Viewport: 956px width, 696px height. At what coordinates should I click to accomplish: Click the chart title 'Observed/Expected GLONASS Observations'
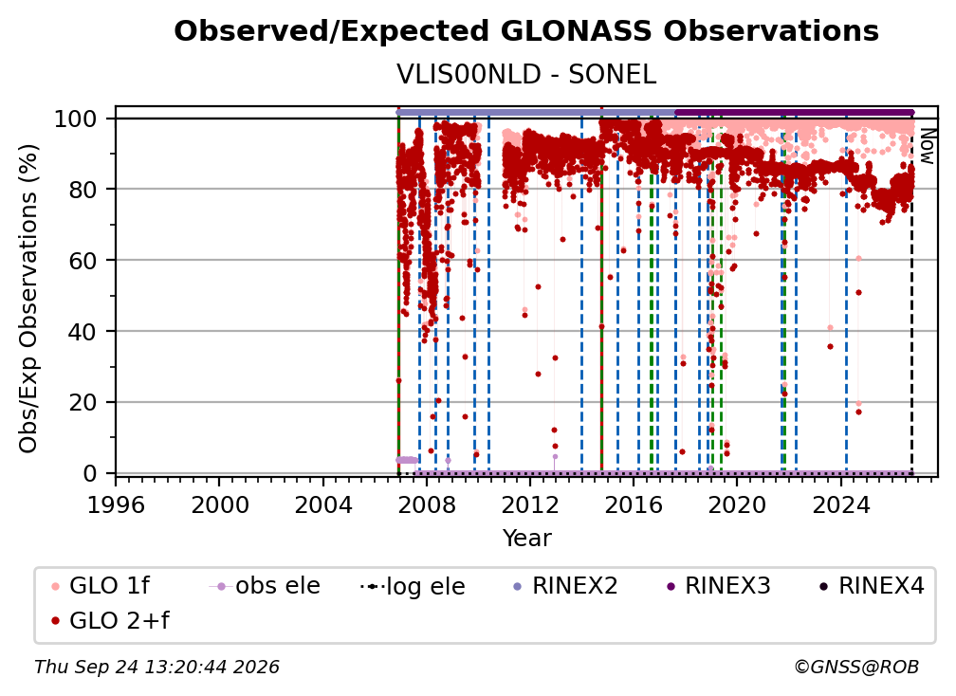coord(526,31)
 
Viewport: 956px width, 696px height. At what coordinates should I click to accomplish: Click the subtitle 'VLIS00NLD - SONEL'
coord(526,75)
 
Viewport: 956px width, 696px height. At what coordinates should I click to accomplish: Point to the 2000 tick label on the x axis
coord(219,504)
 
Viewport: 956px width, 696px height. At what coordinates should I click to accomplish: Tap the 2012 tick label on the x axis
coord(530,504)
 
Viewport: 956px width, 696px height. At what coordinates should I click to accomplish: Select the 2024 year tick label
coord(840,504)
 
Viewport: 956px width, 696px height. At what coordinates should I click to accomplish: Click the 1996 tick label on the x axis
coord(116,504)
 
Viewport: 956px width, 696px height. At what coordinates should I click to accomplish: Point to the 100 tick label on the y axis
coord(76,119)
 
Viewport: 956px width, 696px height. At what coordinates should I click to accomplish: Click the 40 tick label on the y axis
coord(83,332)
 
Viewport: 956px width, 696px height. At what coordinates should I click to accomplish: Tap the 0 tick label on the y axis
coord(90,473)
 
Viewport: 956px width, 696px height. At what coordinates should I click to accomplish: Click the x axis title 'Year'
coord(526,539)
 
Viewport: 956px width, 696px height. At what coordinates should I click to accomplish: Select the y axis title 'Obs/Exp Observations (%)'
coord(28,299)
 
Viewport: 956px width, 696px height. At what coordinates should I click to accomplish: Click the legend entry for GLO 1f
coord(101,586)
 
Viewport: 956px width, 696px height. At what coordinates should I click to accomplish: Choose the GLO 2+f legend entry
coord(110,621)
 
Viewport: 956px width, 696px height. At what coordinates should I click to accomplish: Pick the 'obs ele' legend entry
coord(265,586)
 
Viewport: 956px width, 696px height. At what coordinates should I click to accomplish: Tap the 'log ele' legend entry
coord(413,586)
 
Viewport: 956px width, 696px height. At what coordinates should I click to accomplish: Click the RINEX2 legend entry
coord(565,586)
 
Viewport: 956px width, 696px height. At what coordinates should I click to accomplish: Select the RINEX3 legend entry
coord(718,586)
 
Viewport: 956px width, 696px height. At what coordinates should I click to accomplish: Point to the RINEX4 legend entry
coord(872,586)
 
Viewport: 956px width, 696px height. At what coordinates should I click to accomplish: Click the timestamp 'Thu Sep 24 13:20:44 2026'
coord(156,668)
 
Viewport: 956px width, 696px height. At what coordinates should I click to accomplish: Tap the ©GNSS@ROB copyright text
coord(856,668)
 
